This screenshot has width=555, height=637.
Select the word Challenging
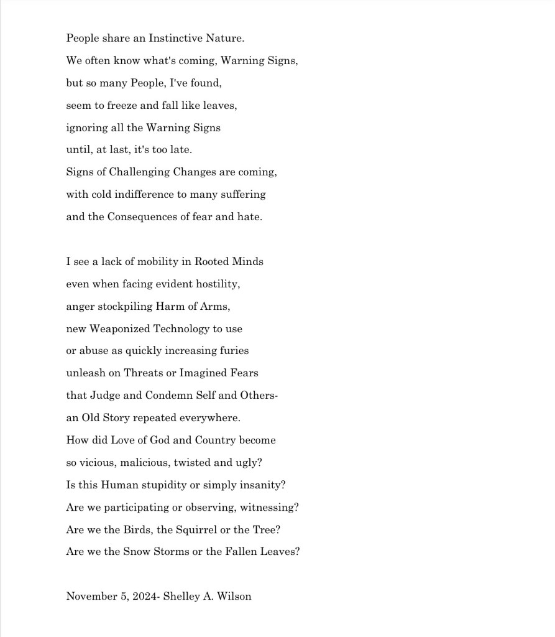point(135,172)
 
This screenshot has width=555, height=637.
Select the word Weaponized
point(119,328)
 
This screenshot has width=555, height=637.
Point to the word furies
point(234,351)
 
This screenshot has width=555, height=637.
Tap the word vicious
point(98,463)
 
